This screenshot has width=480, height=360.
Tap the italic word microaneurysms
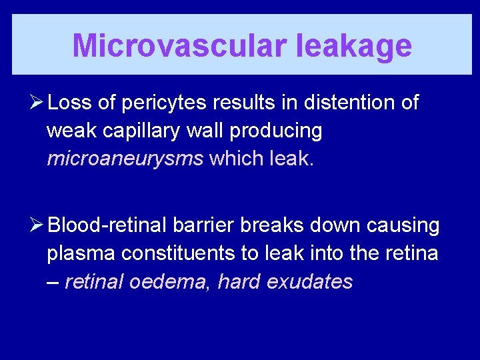point(125,159)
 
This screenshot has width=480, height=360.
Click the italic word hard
point(239,282)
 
